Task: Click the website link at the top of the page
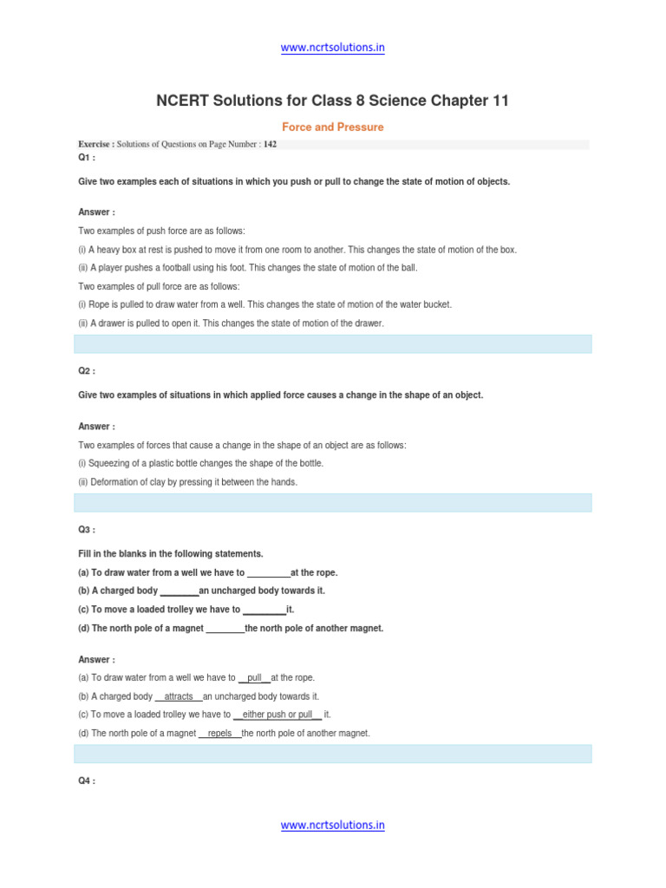coord(332,48)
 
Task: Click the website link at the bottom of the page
coord(332,826)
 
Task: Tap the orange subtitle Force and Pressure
coord(332,127)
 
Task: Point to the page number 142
coord(271,144)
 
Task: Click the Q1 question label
coord(87,158)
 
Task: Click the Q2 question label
coord(87,371)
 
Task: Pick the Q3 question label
coord(87,530)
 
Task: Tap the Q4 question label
coord(87,781)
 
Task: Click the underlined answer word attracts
coord(179,696)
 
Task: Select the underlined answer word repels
coord(220,734)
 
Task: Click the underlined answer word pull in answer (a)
coord(254,678)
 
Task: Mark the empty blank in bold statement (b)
coord(180,591)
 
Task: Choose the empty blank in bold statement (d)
coord(225,628)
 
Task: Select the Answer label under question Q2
coord(96,427)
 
